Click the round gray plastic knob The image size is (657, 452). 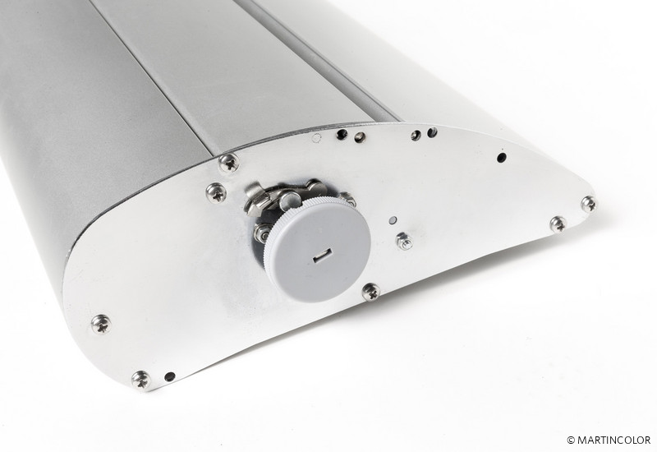tap(317, 251)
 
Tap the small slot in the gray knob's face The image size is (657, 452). tap(323, 255)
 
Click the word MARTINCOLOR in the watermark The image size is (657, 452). tap(613, 440)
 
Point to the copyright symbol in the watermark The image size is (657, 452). tap(571, 440)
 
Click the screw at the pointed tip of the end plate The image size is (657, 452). tap(589, 204)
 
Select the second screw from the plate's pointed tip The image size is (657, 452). tap(558, 224)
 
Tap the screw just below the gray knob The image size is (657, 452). tap(371, 292)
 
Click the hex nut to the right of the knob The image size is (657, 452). tap(404, 241)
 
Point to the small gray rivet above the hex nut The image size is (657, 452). tap(393, 220)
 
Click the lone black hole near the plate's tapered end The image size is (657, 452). tap(501, 158)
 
